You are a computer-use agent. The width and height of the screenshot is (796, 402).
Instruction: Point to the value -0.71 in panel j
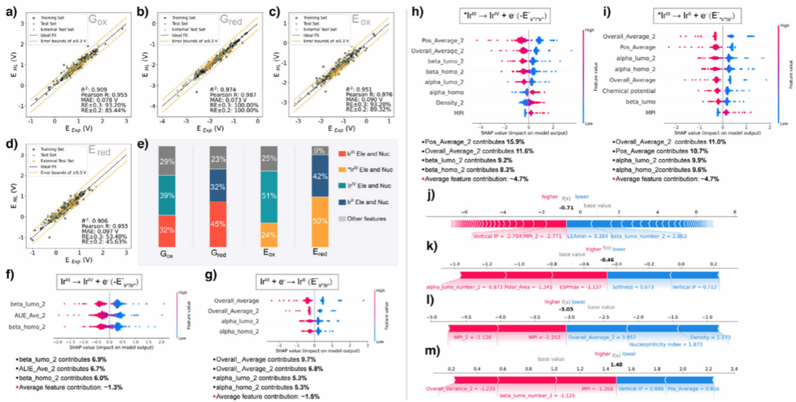click(x=566, y=207)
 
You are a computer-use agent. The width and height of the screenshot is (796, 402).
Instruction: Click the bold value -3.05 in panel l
click(x=566, y=309)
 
